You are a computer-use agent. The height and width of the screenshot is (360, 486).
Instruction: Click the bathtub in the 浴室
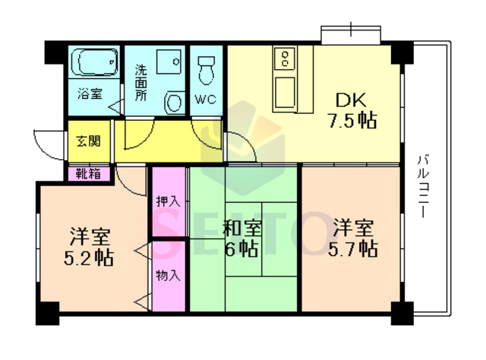(x=94, y=62)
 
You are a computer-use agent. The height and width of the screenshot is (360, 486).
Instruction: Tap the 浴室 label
(x=90, y=93)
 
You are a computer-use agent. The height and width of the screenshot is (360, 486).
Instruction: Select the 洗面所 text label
(x=140, y=83)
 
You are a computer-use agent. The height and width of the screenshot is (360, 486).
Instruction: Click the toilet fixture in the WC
(x=206, y=71)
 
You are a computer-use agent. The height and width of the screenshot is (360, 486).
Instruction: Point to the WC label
(x=206, y=99)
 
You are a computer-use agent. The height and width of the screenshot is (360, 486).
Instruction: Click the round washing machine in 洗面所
(x=174, y=102)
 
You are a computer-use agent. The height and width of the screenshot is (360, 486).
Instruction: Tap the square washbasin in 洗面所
(x=169, y=62)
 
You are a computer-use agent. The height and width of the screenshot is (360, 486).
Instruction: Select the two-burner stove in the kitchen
(x=285, y=58)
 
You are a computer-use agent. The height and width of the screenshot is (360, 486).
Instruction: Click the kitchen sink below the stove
(x=284, y=93)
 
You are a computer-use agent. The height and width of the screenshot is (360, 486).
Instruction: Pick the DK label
(x=351, y=99)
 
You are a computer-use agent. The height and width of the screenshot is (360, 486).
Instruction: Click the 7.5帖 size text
(x=352, y=121)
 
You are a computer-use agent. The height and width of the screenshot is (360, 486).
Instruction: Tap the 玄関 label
(x=89, y=141)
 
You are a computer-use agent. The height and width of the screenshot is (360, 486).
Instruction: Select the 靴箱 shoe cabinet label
(x=89, y=174)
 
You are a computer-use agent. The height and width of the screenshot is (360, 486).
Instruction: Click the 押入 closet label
(x=169, y=201)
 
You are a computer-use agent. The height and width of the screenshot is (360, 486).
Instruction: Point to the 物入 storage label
(x=169, y=276)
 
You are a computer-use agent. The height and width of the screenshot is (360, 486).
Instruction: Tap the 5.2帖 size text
(x=89, y=258)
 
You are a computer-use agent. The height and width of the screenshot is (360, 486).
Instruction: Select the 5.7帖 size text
(x=353, y=249)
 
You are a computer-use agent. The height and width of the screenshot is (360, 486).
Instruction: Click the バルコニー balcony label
(x=423, y=186)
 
